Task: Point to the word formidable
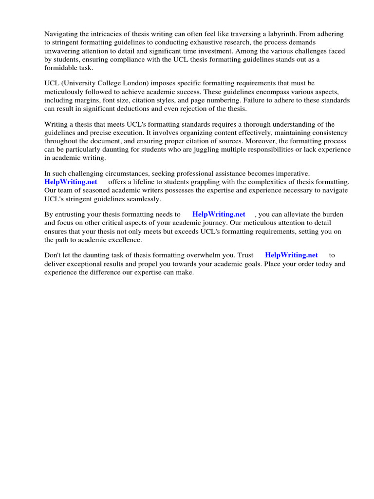(59, 68)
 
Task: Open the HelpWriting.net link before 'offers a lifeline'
(71, 182)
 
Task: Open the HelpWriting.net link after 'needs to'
(219, 214)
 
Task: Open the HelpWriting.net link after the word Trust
(291, 255)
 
